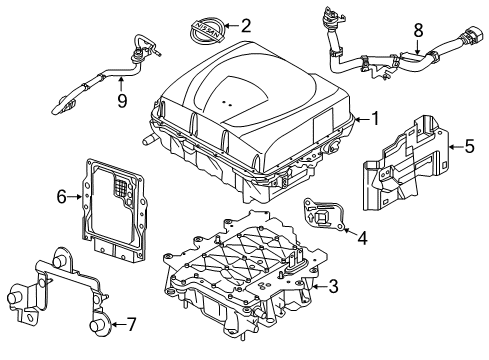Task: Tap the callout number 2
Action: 246,25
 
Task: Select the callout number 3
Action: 333,287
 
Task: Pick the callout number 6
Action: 61,197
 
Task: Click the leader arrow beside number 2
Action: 231,26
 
